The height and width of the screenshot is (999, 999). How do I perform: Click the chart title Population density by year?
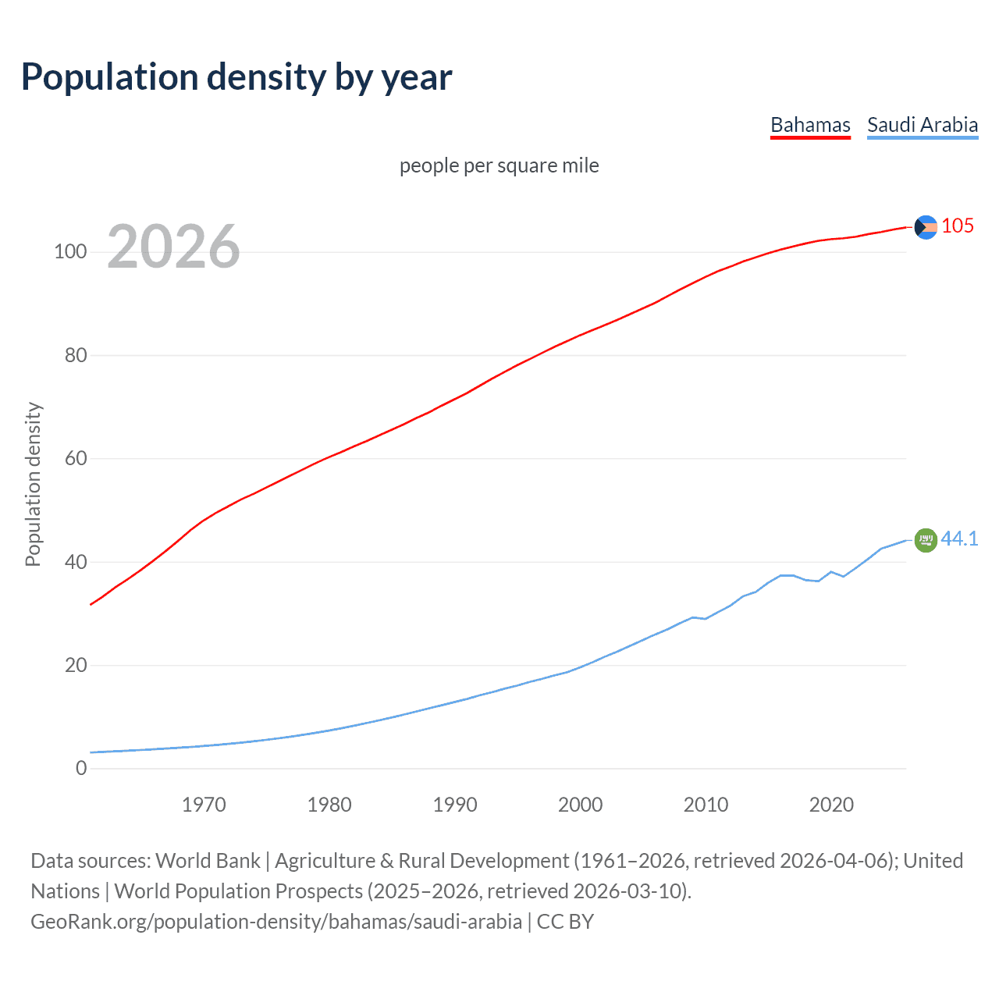(x=236, y=77)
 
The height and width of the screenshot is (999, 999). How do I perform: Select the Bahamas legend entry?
(x=810, y=125)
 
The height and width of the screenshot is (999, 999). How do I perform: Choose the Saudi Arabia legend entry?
(x=923, y=125)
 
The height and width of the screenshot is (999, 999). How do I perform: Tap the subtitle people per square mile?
(x=499, y=165)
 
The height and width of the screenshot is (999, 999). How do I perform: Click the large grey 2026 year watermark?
(x=173, y=247)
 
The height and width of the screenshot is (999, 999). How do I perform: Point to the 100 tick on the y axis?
(x=69, y=252)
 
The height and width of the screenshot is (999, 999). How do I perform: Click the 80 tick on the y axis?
(x=76, y=355)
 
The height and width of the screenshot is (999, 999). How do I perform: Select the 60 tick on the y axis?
(x=76, y=458)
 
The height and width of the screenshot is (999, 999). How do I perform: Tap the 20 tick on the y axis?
(x=76, y=665)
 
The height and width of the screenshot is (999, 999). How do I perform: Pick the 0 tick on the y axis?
(x=81, y=768)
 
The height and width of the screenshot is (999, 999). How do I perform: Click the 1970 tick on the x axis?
(x=204, y=805)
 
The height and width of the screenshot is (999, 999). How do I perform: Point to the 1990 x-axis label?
(x=455, y=805)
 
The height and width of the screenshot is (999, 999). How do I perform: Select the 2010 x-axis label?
(x=706, y=805)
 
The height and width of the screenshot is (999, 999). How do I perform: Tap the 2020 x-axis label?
(x=831, y=805)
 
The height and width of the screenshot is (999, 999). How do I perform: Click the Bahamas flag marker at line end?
(x=926, y=227)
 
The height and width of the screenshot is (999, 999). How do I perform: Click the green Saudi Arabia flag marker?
(x=926, y=540)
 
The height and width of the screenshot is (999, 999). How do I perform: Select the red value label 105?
(x=958, y=226)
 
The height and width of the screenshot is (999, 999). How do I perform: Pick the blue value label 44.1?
(x=959, y=539)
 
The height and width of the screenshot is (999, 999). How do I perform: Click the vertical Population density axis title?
(x=33, y=484)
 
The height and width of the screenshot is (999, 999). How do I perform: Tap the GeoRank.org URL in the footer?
(x=276, y=922)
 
